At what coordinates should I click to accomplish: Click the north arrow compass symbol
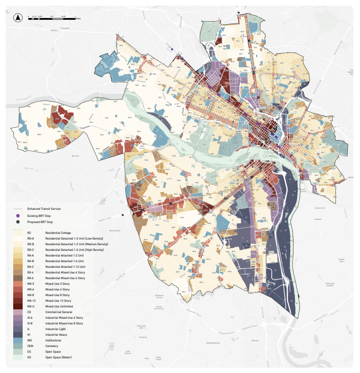coord(17,18)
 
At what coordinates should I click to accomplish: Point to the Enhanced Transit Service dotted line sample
coord(18,208)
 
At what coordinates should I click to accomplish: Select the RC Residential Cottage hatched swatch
coord(20,233)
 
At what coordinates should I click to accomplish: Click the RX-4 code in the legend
coord(31,273)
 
